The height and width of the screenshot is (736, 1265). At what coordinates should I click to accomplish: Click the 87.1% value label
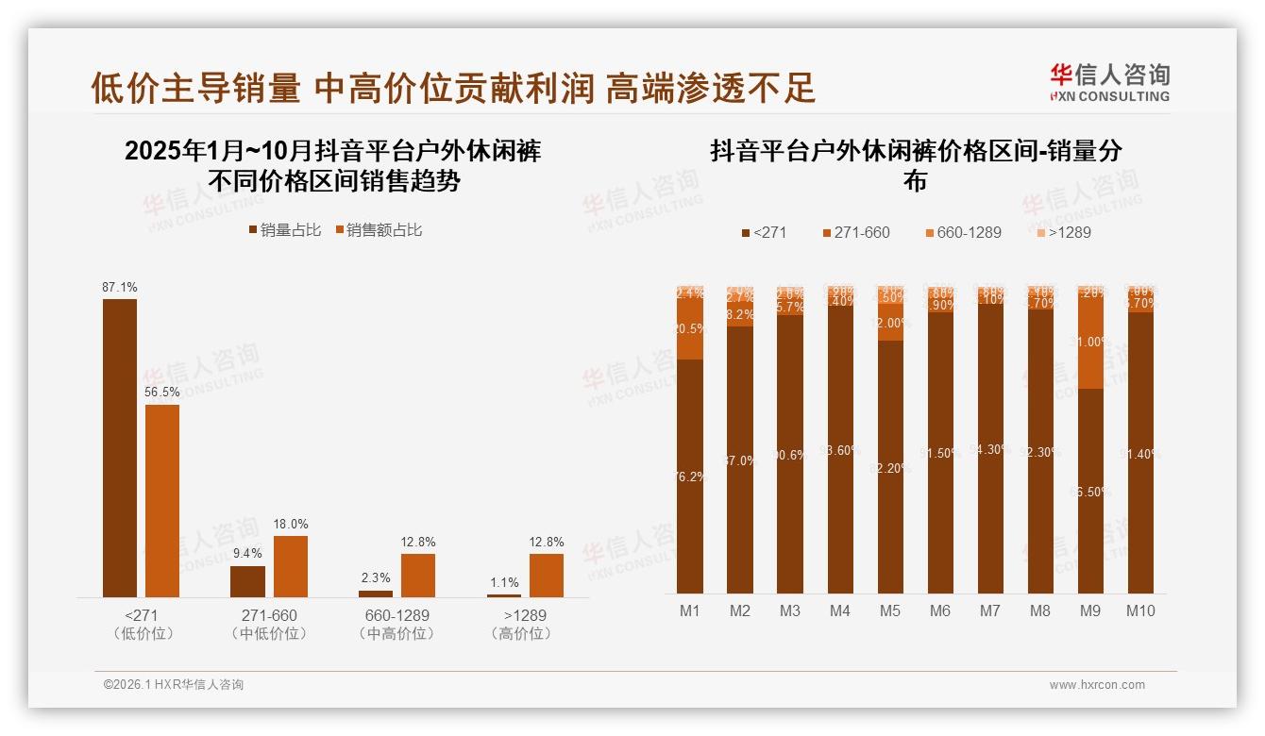120,287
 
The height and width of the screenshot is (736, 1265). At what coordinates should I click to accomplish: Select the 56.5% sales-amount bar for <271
162,500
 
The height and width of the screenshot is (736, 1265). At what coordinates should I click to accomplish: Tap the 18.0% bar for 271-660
291,566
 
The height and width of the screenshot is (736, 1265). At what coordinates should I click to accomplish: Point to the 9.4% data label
247,554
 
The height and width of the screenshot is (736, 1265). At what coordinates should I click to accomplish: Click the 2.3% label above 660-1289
376,578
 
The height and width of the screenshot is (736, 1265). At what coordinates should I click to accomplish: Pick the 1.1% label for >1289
504,583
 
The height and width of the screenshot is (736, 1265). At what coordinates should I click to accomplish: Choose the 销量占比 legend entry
285,230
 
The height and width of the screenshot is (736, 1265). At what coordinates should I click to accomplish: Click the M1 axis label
690,611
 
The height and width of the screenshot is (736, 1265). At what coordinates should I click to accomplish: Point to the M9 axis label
1090,611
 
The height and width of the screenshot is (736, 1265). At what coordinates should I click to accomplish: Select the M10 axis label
1140,611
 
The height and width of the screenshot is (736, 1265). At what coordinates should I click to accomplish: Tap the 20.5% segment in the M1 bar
690,329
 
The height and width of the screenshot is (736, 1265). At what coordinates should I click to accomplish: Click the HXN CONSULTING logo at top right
1109,83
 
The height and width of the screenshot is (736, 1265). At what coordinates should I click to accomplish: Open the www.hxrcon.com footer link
1097,685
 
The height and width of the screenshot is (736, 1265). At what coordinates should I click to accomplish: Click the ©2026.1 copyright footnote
174,685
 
